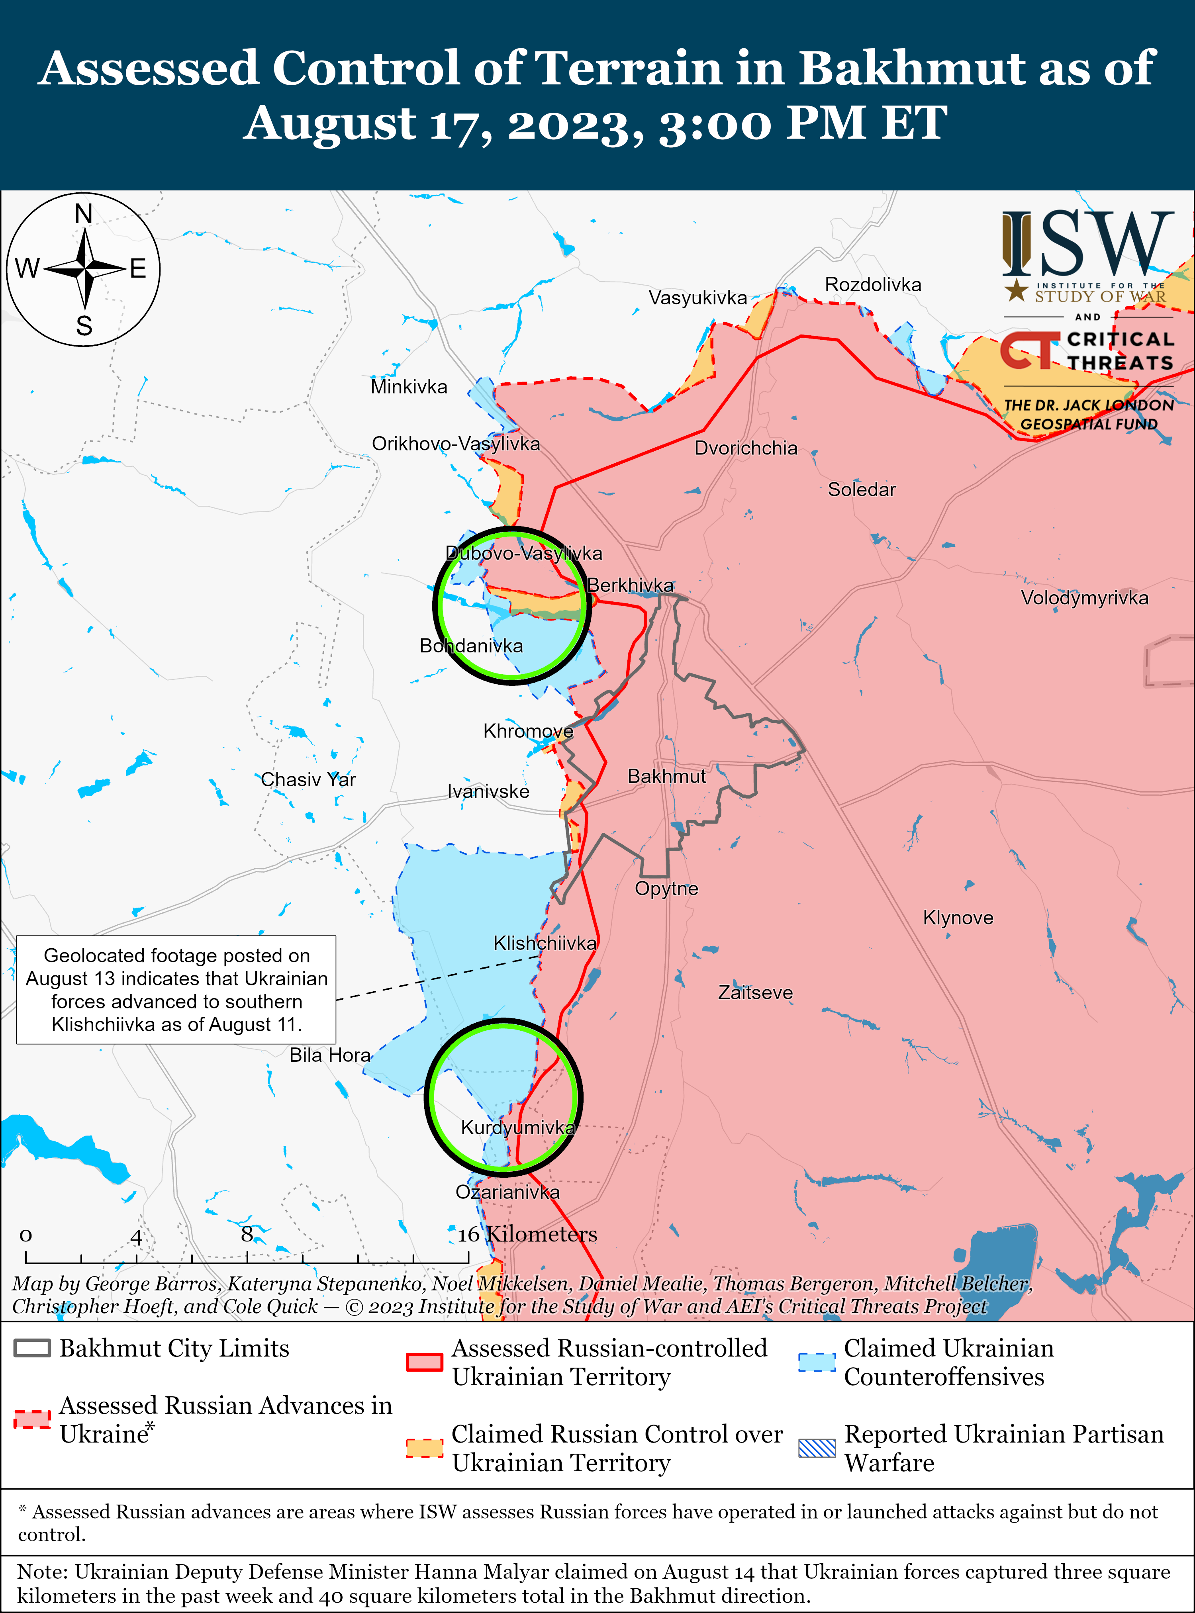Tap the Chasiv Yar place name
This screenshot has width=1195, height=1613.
[308, 780]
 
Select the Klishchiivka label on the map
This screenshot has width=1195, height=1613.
[545, 943]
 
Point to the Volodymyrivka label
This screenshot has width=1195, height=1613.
[1083, 598]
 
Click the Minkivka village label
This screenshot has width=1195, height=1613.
[409, 387]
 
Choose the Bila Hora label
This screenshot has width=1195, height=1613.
[330, 1055]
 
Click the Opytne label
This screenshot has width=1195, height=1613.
[666, 889]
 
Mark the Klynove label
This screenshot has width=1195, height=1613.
[958, 918]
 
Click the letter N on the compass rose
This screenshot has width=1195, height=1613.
[84, 214]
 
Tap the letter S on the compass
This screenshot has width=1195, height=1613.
[84, 326]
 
